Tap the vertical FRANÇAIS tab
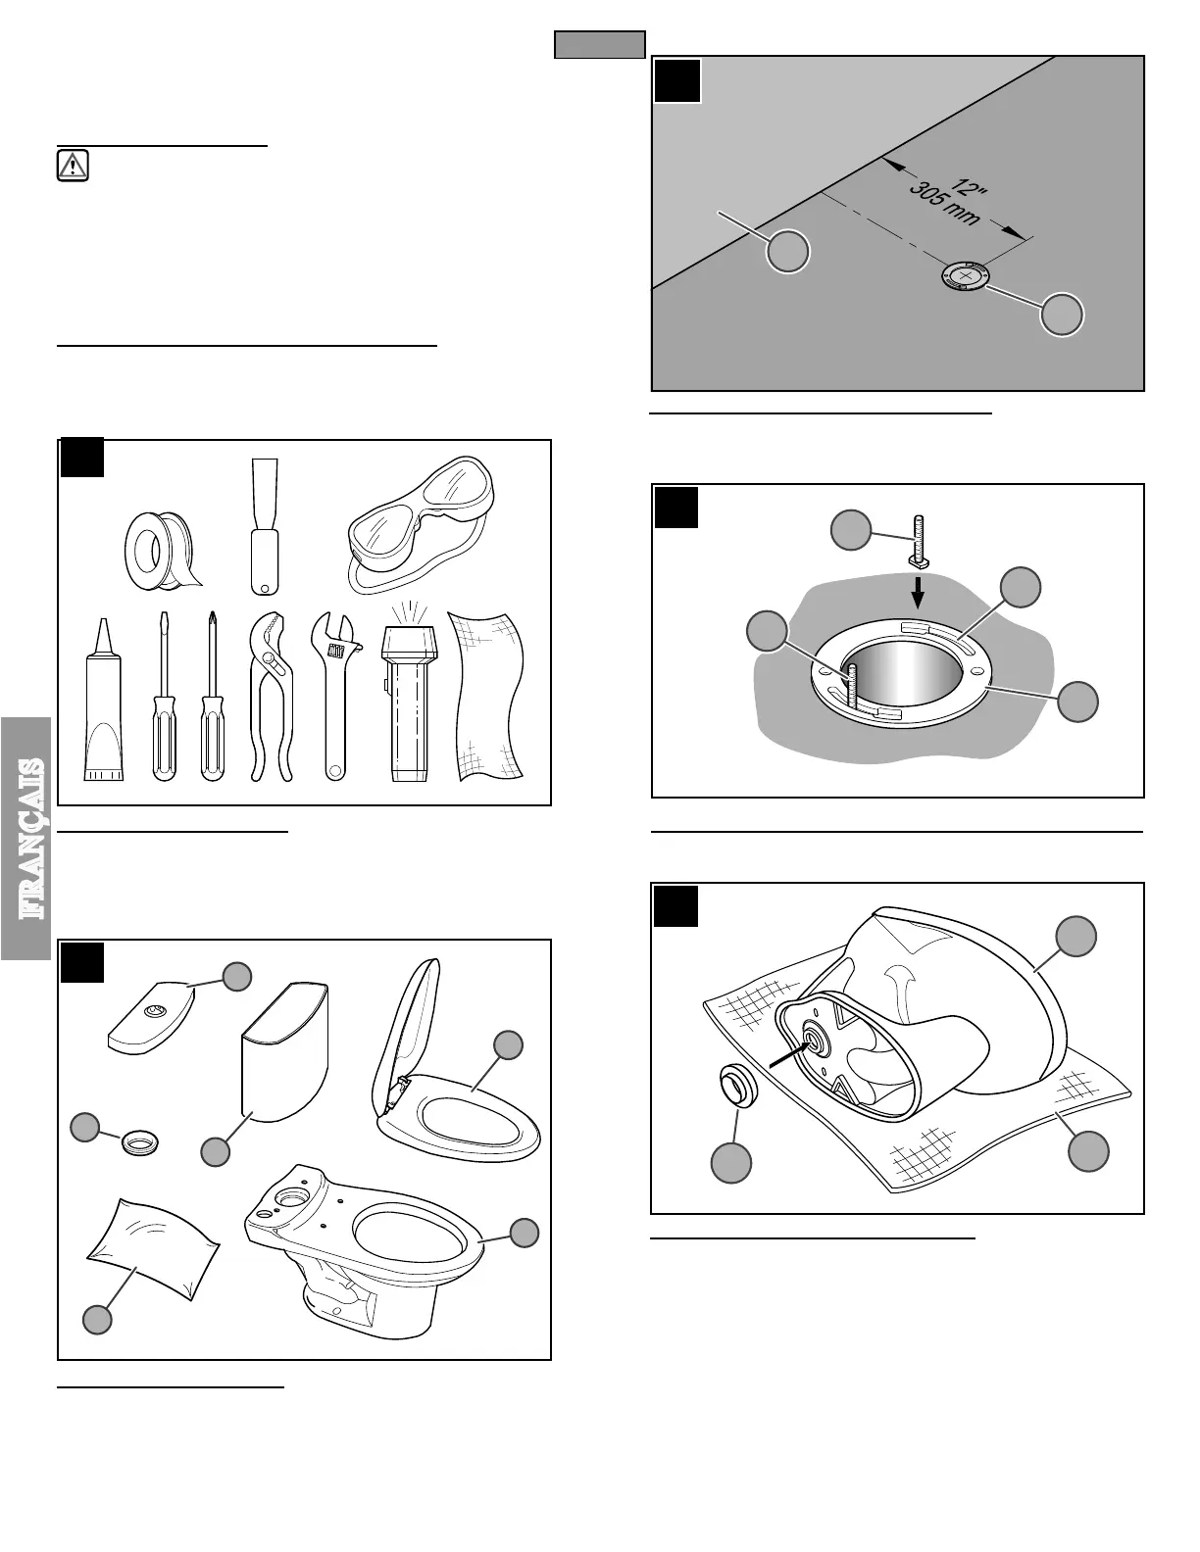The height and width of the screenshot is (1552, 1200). [x=27, y=838]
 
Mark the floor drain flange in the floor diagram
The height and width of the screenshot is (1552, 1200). [x=967, y=277]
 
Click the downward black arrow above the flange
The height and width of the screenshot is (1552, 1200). [x=918, y=591]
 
